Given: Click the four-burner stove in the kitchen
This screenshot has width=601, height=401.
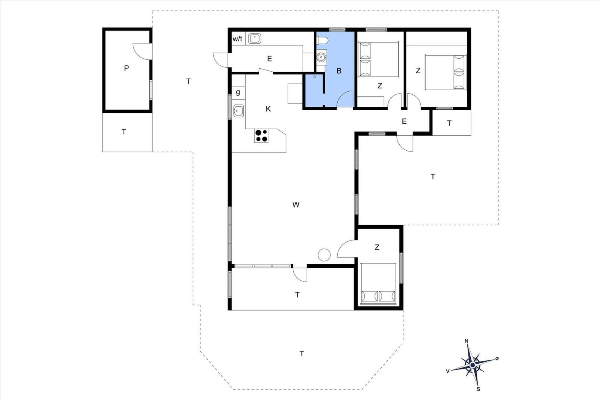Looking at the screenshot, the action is (x=261, y=136).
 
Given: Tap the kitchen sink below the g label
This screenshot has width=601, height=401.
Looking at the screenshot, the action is (x=239, y=111).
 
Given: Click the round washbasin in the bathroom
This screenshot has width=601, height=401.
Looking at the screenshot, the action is (x=321, y=57).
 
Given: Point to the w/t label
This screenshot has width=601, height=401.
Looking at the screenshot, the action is (x=237, y=39).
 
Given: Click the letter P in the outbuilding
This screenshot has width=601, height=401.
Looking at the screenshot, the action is (x=126, y=68).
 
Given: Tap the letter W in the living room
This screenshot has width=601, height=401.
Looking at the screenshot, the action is (x=296, y=204).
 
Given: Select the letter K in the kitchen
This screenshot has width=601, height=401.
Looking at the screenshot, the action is (x=268, y=109).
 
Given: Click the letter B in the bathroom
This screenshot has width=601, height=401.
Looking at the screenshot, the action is (x=339, y=71).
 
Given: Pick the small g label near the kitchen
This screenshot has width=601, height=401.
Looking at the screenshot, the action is (x=238, y=92).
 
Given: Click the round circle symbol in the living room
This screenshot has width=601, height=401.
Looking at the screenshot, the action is (x=324, y=255).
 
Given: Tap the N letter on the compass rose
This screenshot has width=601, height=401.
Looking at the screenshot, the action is (x=466, y=341).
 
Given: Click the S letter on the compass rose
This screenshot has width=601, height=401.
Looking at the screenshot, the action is (x=478, y=389).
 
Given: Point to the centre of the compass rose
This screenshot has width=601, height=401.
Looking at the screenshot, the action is (x=473, y=365).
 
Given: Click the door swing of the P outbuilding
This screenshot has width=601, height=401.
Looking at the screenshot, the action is (x=142, y=51).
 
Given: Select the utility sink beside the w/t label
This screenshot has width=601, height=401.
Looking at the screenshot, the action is (x=254, y=39).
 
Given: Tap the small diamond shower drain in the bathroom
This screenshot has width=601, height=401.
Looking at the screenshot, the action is (x=314, y=77).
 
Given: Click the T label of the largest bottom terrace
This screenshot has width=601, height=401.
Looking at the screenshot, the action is (x=302, y=354).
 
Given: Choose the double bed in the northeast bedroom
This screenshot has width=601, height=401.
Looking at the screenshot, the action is (x=445, y=72).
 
